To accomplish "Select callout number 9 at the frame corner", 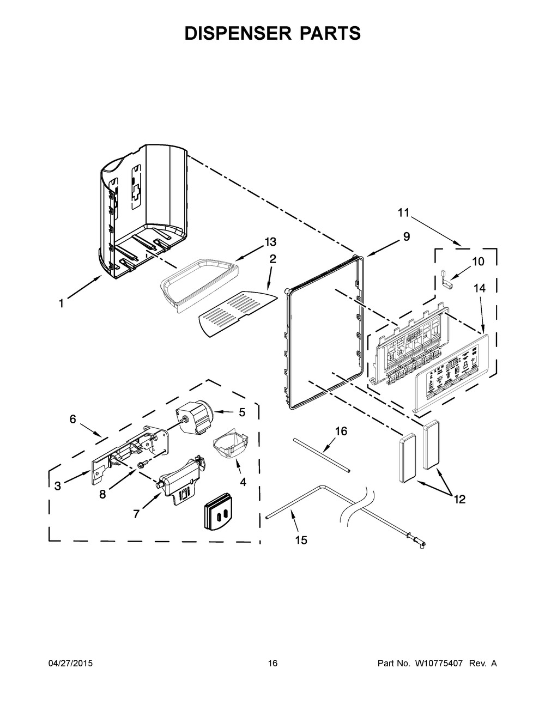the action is (407, 237).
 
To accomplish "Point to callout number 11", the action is (402, 213).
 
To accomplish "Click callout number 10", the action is (477, 262).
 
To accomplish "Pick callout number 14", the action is (480, 290).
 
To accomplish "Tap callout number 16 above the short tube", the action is (341, 431).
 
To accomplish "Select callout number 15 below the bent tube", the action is (301, 540).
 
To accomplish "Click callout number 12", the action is (459, 499).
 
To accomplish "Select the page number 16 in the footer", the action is (272, 664).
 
